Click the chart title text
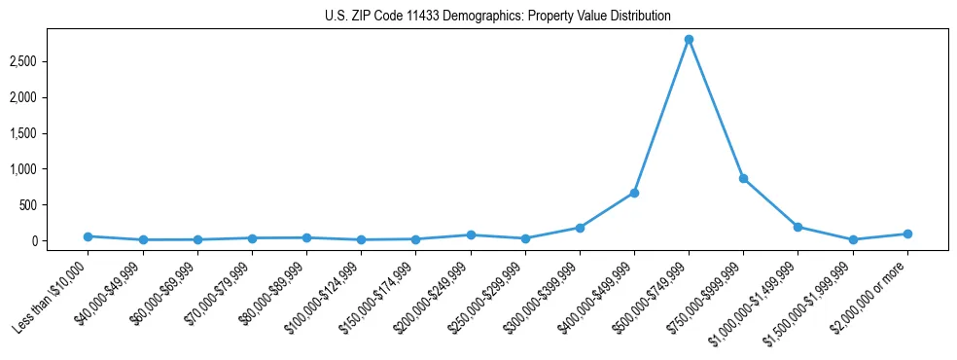pyautogui.click(x=497, y=16)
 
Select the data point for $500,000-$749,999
pyautogui.click(x=689, y=40)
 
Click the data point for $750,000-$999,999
pyautogui.click(x=743, y=178)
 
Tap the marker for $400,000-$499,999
pyautogui.click(x=634, y=193)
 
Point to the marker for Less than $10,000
pyautogui.click(x=89, y=236)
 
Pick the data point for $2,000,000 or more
pyautogui.click(x=906, y=234)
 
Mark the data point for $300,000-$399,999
pyautogui.click(x=580, y=228)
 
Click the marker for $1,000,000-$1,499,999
pyautogui.click(x=797, y=227)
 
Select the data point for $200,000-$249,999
pyautogui.click(x=471, y=234)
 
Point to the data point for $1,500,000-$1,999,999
pyautogui.click(x=852, y=239)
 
